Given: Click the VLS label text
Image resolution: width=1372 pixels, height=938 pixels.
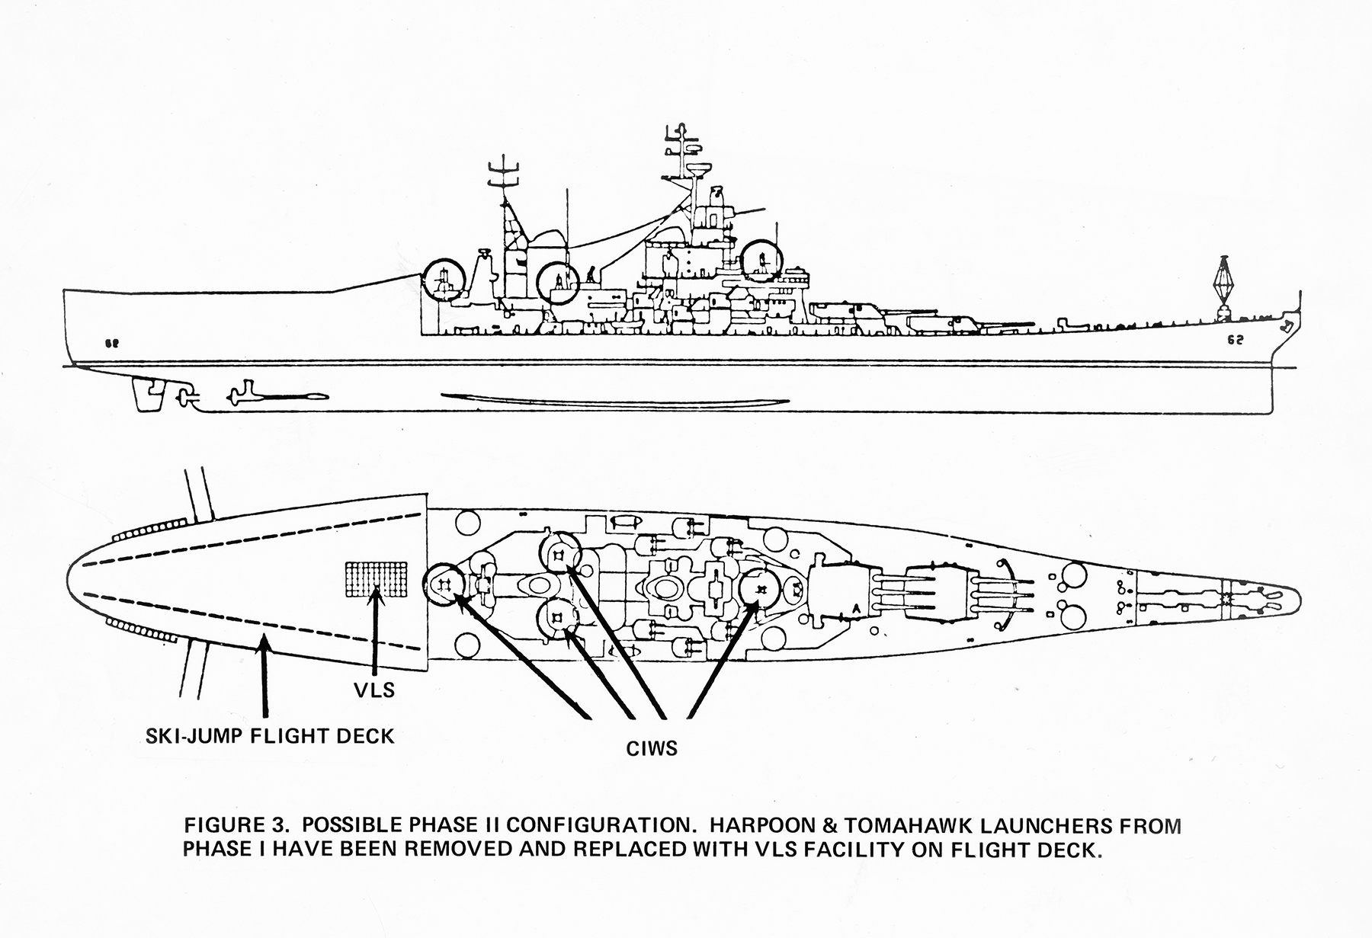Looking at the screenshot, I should pos(374,690).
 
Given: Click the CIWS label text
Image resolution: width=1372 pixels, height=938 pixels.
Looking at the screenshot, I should pos(652,748).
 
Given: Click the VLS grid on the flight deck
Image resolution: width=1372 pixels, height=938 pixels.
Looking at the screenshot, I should pos(376,579).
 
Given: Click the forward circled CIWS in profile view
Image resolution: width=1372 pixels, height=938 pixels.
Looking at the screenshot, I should pos(762,263).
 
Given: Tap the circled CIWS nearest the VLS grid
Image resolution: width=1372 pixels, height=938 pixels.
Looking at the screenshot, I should pos(444,584).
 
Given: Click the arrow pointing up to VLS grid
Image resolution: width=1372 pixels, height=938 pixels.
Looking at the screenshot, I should pos(375,632).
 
